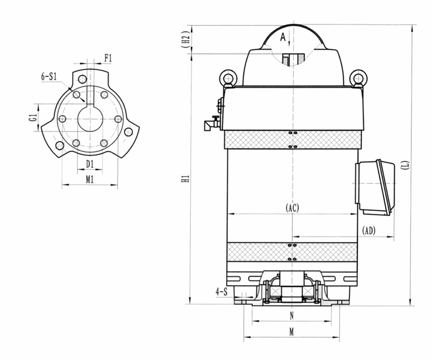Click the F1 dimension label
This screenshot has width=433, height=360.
click(108, 58)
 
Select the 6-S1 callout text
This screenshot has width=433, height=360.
click(49, 76)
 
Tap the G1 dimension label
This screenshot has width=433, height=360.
click(34, 117)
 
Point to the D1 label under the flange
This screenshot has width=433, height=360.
click(90, 164)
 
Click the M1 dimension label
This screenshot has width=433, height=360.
click(90, 180)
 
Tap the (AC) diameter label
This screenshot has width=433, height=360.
click(292, 207)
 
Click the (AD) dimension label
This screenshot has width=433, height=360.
click(369, 231)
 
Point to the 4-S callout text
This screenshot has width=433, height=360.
click(221, 292)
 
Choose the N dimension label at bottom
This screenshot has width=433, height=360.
click(292, 316)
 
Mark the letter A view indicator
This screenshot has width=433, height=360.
click(283, 37)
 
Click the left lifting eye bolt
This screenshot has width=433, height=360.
click(228, 77)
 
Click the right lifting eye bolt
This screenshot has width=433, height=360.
click(358, 77)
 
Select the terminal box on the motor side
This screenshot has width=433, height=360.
click(376, 187)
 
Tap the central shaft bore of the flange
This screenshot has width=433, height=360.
click(90, 119)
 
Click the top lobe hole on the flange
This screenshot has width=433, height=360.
click(82, 79)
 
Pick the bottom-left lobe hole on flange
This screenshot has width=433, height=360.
click(60, 145)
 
